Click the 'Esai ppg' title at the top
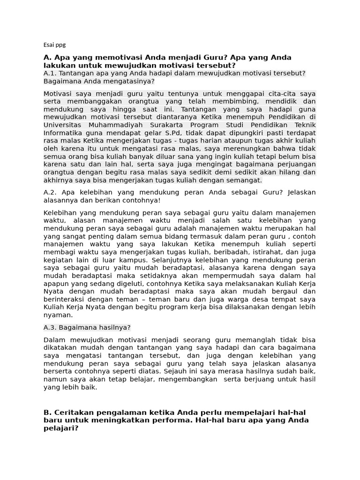click(x=54, y=45)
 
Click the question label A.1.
click(x=50, y=73)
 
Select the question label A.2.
click(x=50, y=192)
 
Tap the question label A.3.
click(x=50, y=327)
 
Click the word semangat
click(x=246, y=180)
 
